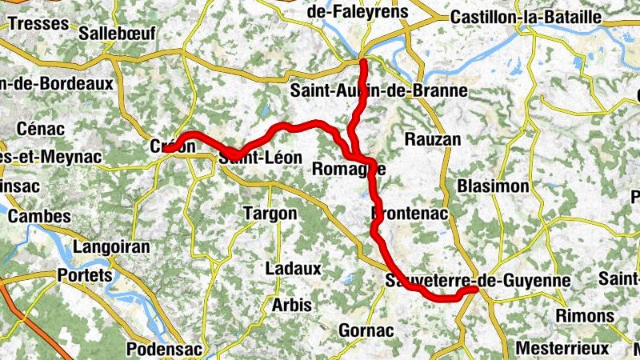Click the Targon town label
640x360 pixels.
[270, 214]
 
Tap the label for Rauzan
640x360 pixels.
[434, 139]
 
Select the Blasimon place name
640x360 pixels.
[494, 186]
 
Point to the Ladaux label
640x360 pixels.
[293, 269]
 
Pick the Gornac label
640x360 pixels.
[366, 330]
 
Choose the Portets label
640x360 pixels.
[85, 275]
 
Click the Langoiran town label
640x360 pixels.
[111, 247]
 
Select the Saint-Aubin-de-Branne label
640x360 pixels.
[378, 90]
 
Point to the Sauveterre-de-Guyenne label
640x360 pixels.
[478, 281]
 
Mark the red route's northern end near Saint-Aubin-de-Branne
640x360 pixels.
[363, 62]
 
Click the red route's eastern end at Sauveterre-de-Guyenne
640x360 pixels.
[476, 291]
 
